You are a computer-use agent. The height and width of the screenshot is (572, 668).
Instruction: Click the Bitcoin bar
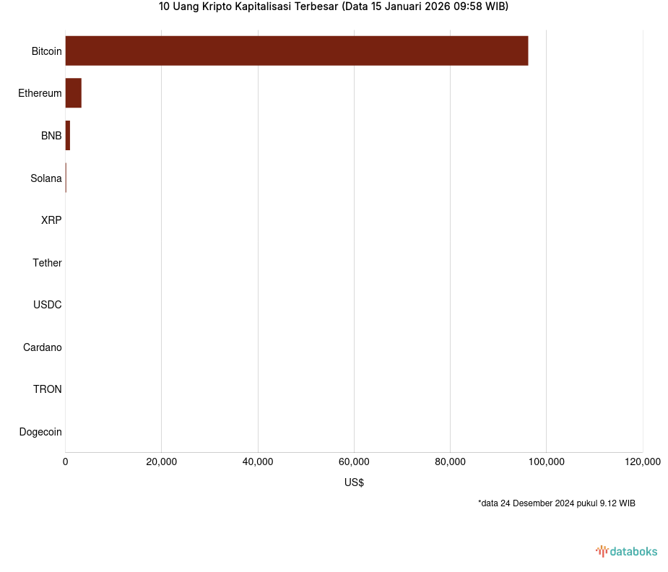coord(296,51)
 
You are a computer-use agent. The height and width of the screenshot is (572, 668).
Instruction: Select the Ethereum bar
coord(73,93)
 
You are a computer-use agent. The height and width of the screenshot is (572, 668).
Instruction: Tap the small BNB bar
coord(67,136)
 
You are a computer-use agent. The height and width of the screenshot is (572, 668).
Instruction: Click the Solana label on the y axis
coord(46,178)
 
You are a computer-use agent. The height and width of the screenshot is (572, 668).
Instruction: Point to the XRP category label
coord(51,220)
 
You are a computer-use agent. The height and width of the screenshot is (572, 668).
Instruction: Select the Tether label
coord(47,263)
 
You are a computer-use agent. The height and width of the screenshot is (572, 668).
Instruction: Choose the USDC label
coord(48,305)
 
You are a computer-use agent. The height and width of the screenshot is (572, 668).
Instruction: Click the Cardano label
coord(43,347)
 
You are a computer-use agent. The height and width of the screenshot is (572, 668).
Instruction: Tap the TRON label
coord(48,389)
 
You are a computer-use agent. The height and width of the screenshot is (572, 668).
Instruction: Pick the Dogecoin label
coord(40,432)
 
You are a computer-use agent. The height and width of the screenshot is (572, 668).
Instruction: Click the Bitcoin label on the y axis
coord(46,51)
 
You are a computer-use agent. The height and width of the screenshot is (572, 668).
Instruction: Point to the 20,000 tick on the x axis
coord(162,462)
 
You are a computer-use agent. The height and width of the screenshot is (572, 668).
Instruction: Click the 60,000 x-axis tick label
coord(354,462)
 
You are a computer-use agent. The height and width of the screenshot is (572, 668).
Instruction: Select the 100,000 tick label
coord(546,462)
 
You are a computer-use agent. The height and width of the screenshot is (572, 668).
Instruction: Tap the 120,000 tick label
coord(642,462)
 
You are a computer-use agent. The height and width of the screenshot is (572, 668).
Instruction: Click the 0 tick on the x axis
coord(66,462)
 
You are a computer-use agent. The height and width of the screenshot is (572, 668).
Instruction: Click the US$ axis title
coord(354,482)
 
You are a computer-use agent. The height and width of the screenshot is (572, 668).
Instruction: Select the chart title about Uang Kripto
coord(334,7)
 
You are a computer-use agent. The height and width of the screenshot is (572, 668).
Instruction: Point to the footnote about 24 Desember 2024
coord(556,503)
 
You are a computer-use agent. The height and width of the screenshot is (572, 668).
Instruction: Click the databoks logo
coord(626,552)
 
